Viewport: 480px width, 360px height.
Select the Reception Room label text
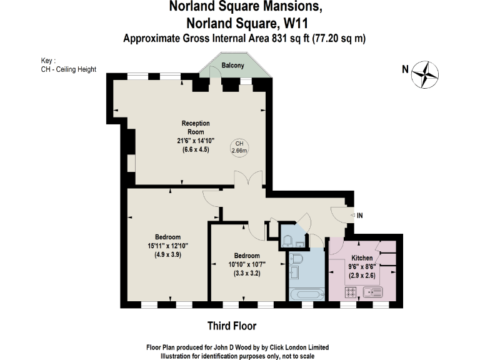pyautogui.click(x=196, y=127)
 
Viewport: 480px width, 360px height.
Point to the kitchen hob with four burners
pyautogui.click(x=351, y=291)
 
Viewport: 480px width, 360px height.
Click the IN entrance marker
pyautogui.click(x=360, y=215)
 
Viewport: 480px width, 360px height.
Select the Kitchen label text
pyautogui.click(x=362, y=257)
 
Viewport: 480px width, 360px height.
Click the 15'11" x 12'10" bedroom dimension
pyautogui.click(x=168, y=246)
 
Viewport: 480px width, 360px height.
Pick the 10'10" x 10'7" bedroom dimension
pyautogui.click(x=247, y=264)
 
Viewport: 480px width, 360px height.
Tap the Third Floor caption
pyautogui.click(x=232, y=326)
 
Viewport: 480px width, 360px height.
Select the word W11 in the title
pyautogui.click(x=297, y=24)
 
